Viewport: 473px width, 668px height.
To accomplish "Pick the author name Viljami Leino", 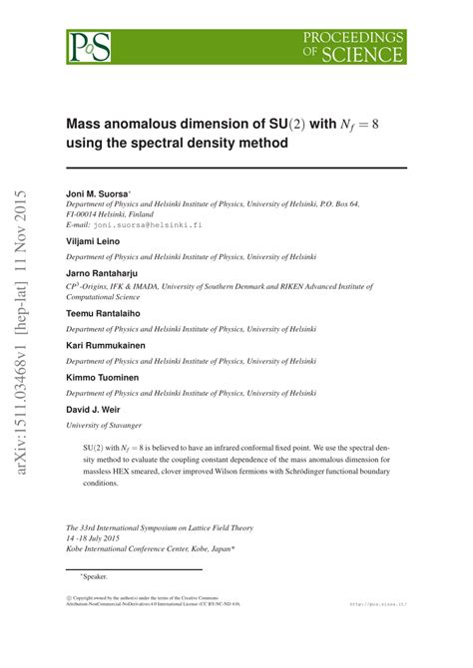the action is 93,241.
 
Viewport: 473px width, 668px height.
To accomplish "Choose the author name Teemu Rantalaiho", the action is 104,312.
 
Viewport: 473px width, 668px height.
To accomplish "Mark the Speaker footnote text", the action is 93,575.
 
